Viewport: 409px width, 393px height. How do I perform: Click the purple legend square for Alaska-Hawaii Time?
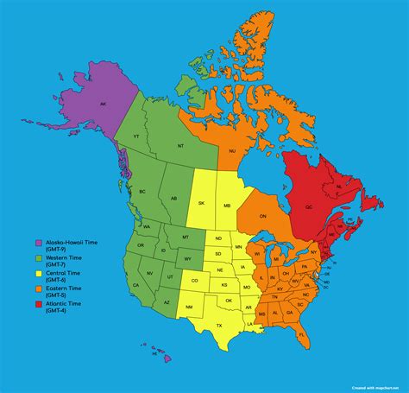(x=39, y=243)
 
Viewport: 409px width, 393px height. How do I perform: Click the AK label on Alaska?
(x=103, y=105)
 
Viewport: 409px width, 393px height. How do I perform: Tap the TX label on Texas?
(x=219, y=325)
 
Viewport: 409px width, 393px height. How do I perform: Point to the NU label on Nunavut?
(x=232, y=151)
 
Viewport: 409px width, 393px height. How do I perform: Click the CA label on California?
(x=135, y=284)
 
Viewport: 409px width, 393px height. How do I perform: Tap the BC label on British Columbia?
(x=143, y=191)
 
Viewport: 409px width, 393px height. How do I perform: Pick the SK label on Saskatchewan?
(x=202, y=204)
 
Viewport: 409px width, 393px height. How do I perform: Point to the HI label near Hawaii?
(x=154, y=353)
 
